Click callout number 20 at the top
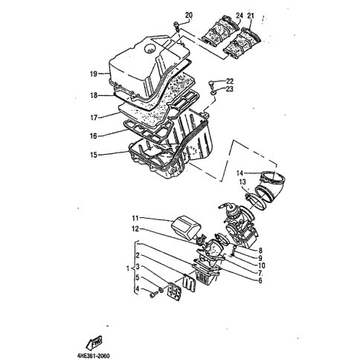pyautogui.click(x=189, y=16)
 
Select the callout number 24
pyautogui.click(x=239, y=16)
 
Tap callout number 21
pyautogui.click(x=251, y=16)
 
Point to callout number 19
pyautogui.click(x=93, y=74)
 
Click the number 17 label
pyautogui.click(x=94, y=118)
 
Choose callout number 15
pyautogui.click(x=94, y=155)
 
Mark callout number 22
pyautogui.click(x=230, y=81)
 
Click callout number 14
pyautogui.click(x=240, y=173)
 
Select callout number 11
pyautogui.click(x=135, y=218)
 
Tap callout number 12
pyautogui.click(x=135, y=229)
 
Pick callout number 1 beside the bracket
pyautogui.click(x=128, y=269)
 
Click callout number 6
pyautogui.click(x=260, y=280)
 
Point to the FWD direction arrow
pyautogui.click(x=94, y=344)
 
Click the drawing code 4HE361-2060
pyautogui.click(x=93, y=356)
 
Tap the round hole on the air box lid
pyautogui.click(x=150, y=48)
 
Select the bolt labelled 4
pyautogui.click(x=152, y=295)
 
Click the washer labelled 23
pyautogui.click(x=213, y=93)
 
